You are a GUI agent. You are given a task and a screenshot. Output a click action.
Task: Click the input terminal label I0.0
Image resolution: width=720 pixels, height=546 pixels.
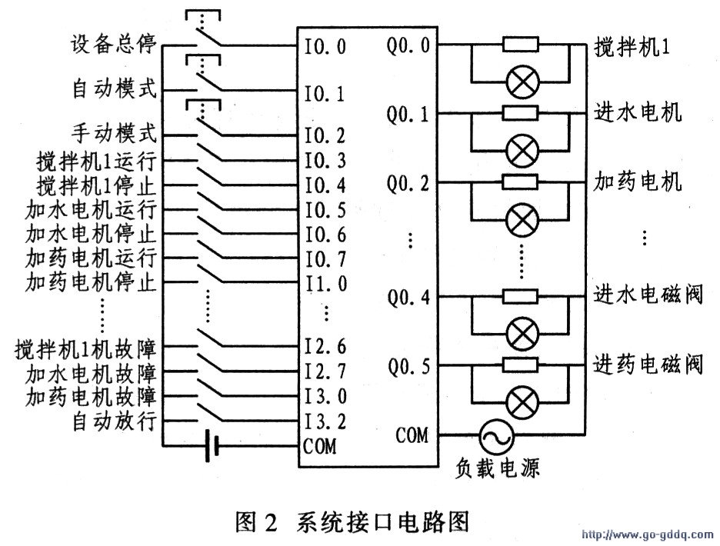pyautogui.click(x=325, y=46)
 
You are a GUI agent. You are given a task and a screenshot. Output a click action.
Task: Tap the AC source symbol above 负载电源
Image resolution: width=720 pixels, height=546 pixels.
pyautogui.click(x=495, y=439)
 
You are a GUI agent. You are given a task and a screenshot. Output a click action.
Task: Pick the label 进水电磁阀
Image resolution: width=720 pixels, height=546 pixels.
pyautogui.click(x=648, y=295)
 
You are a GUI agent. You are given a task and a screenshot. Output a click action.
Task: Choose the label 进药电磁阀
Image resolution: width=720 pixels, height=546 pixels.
pyautogui.click(x=648, y=362)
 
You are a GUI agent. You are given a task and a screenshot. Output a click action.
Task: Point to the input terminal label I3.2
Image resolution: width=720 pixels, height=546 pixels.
pyautogui.click(x=325, y=421)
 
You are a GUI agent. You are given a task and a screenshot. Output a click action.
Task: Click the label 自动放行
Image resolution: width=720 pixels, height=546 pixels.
pyautogui.click(x=115, y=421)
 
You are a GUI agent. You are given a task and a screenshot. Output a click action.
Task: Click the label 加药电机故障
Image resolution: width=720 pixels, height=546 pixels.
pyautogui.click(x=92, y=397)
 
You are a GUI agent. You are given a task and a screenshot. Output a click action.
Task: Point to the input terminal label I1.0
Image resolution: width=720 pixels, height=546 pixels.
pyautogui.click(x=325, y=281)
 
